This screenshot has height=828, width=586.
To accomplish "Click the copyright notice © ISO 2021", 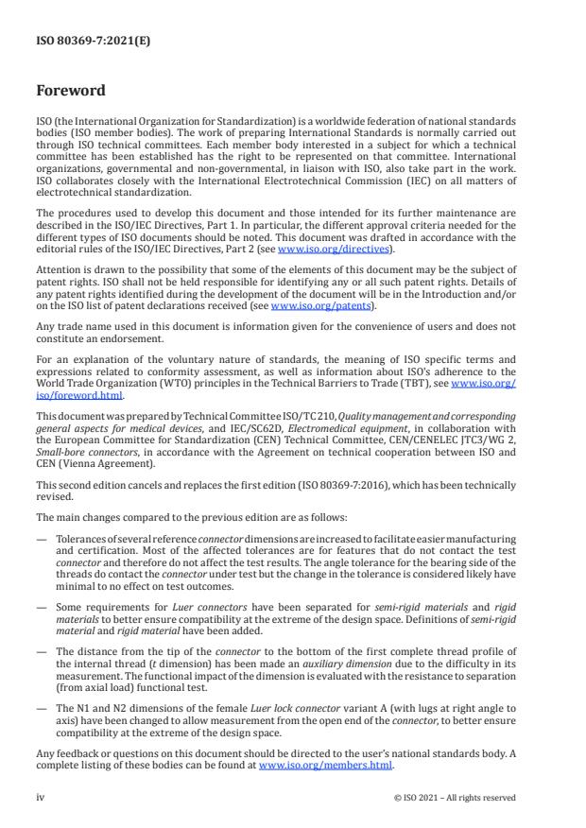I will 455,797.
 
